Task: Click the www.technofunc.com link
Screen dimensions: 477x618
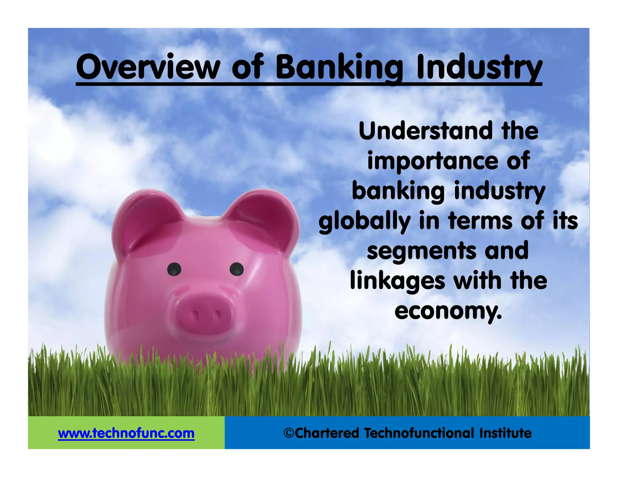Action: (126, 433)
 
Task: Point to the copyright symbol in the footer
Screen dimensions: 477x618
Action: (289, 433)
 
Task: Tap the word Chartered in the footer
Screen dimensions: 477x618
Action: (327, 433)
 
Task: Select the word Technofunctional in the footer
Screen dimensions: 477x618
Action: (419, 433)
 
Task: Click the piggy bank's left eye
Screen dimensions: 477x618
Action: (174, 269)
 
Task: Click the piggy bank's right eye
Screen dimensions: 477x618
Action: (237, 269)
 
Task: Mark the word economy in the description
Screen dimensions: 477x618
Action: (448, 311)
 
